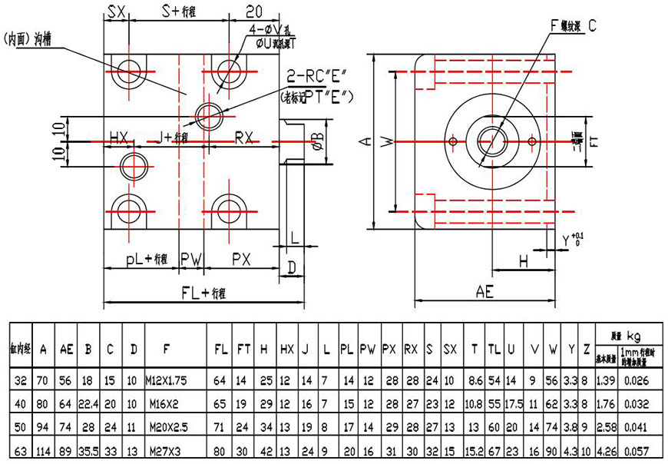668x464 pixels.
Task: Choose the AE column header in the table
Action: pyautogui.click(x=67, y=349)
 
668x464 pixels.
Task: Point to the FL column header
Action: pyautogui.click(x=220, y=349)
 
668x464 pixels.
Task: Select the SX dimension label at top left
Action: pyautogui.click(x=117, y=11)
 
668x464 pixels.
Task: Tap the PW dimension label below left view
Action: pyautogui.click(x=191, y=259)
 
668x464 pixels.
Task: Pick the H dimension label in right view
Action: pyautogui.click(x=524, y=261)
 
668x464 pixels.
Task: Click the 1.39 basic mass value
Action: pyautogui.click(x=605, y=379)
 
